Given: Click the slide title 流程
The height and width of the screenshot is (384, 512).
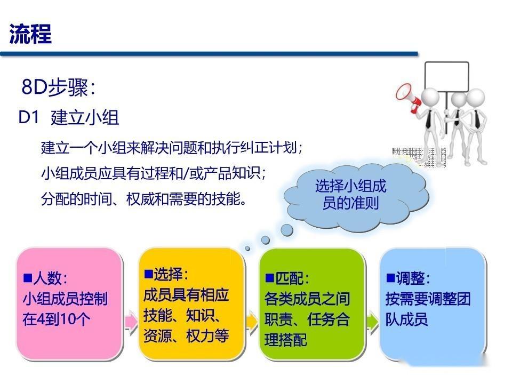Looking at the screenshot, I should pyautogui.click(x=30, y=34).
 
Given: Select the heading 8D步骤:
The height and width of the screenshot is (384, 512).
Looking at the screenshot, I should pyautogui.click(x=59, y=88).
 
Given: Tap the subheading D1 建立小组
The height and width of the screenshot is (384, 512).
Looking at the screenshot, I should pyautogui.click(x=69, y=117).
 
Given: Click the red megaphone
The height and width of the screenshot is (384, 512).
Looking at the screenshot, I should pyautogui.click(x=409, y=97).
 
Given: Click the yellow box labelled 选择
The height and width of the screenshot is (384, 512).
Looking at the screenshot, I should pyautogui.click(x=191, y=303).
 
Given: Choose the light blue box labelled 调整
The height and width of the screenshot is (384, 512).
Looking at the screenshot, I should pyautogui.click(x=433, y=303).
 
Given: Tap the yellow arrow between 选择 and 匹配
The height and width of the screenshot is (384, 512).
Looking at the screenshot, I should pyautogui.click(x=252, y=322).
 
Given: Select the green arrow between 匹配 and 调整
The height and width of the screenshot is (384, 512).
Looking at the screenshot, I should pyautogui.click(x=372, y=322).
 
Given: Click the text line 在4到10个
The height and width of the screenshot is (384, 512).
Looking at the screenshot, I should pyautogui.click(x=57, y=319).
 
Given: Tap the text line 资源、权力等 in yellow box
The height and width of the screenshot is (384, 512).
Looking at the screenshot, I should pyautogui.click(x=186, y=336).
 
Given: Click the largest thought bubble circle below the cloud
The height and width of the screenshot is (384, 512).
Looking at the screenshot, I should pyautogui.click(x=287, y=230).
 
